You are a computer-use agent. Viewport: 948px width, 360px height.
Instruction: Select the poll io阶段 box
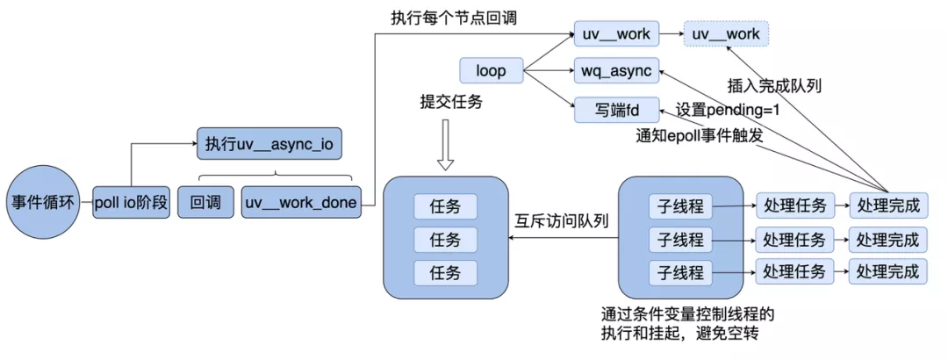tap(132, 204)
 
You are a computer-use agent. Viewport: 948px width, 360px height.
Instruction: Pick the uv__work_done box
tap(300, 203)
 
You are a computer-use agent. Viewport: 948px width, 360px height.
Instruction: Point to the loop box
tap(490, 71)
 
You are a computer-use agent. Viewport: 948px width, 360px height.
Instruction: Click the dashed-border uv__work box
tap(726, 34)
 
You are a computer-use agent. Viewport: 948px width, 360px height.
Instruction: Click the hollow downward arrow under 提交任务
tap(445, 147)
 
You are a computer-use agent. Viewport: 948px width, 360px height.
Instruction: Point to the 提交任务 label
tap(451, 103)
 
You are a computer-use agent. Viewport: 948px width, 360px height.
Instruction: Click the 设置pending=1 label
tap(728, 112)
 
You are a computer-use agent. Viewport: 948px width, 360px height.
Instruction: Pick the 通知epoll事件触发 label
tap(698, 137)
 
